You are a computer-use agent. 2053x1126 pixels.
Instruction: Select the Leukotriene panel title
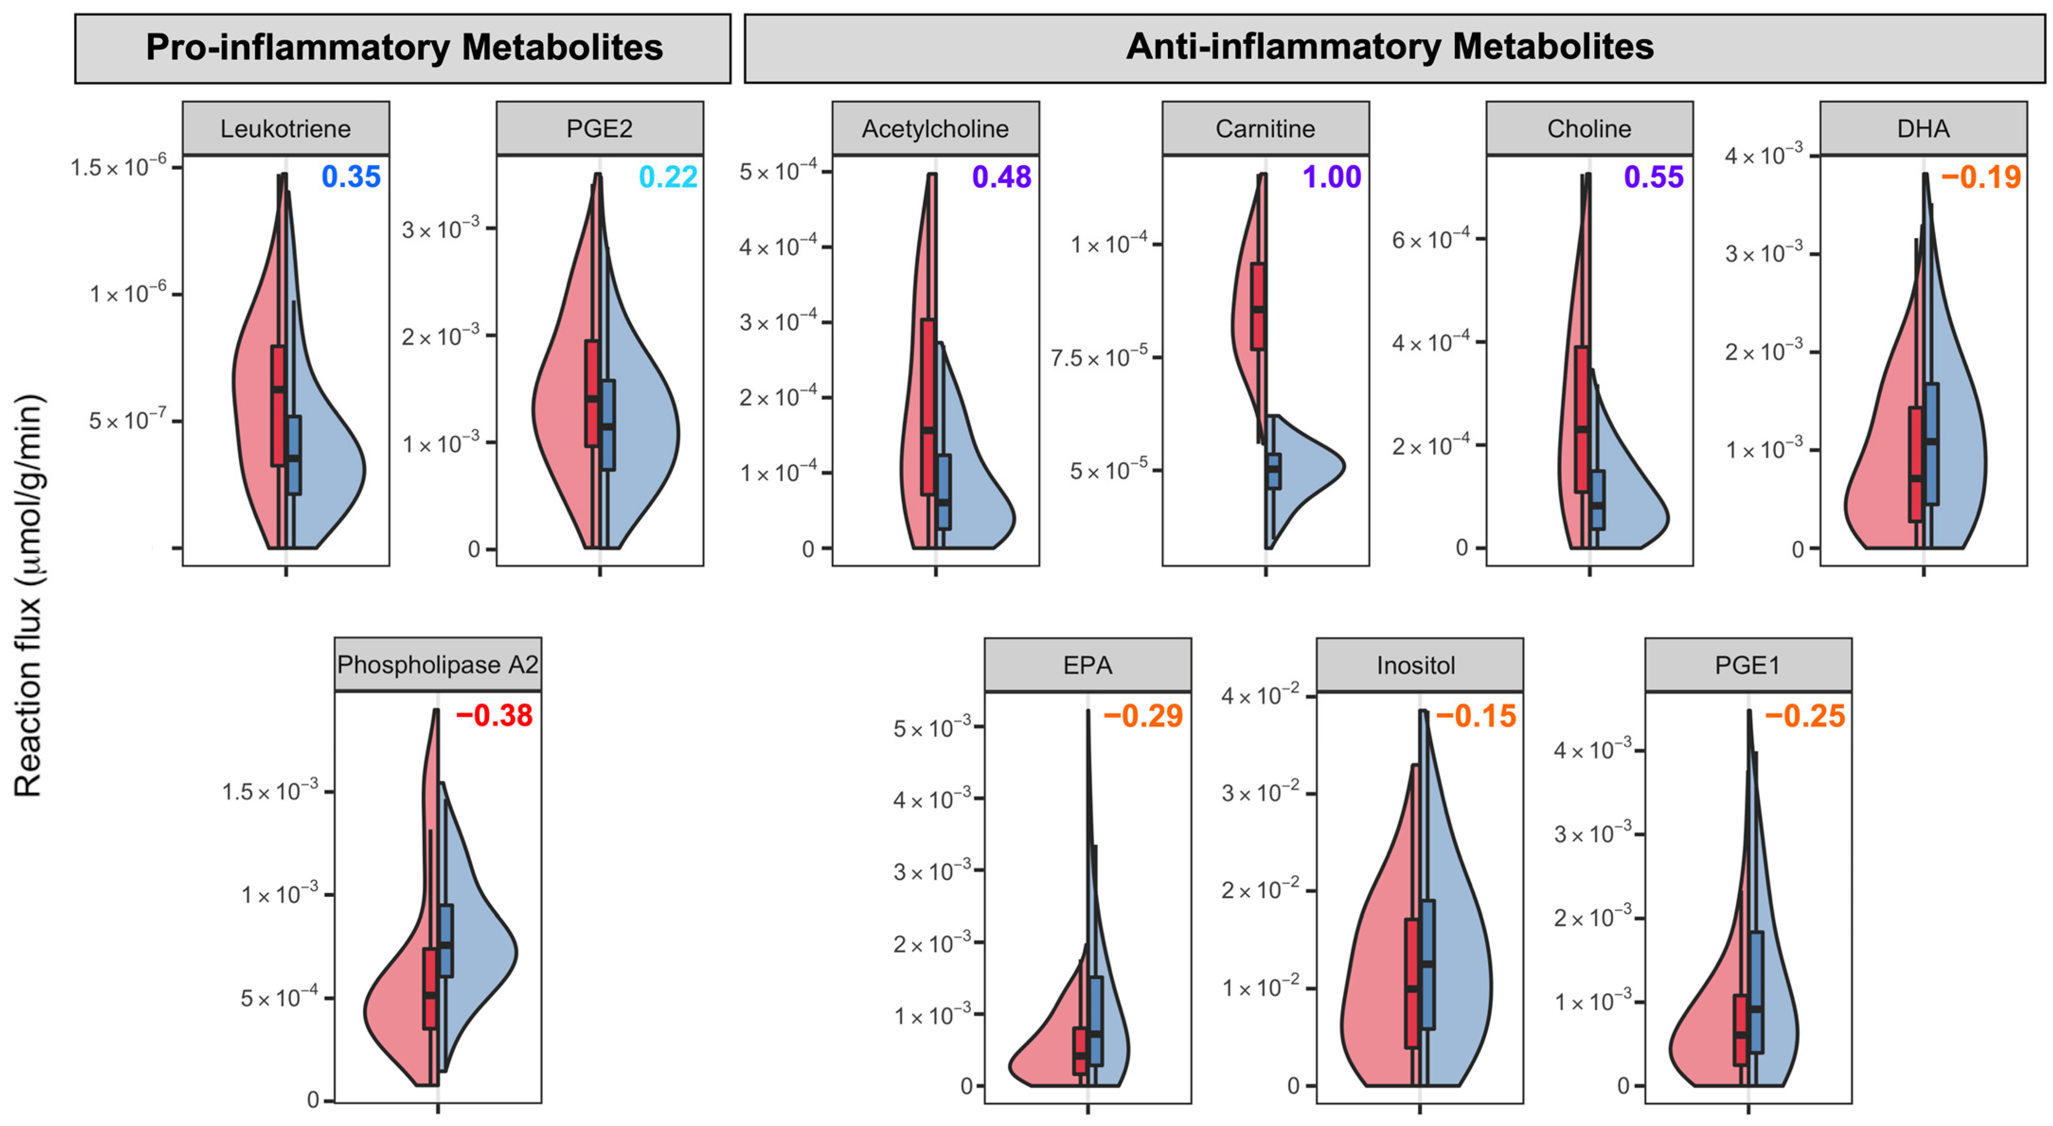click(286, 128)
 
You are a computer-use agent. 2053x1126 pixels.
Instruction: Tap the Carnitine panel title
click(1265, 128)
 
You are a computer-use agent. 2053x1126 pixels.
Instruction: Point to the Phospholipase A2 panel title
click(437, 665)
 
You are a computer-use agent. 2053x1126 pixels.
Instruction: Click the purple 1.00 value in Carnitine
click(1332, 177)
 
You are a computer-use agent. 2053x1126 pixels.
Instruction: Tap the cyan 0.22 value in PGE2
click(668, 177)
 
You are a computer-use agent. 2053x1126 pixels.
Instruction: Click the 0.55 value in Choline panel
click(1654, 177)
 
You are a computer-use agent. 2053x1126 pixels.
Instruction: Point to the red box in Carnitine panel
click(1258, 306)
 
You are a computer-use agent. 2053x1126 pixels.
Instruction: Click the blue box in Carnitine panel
click(1274, 471)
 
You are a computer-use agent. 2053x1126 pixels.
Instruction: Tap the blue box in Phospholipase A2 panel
click(446, 940)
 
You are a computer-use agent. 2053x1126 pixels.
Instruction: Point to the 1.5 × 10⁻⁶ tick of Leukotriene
click(119, 168)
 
